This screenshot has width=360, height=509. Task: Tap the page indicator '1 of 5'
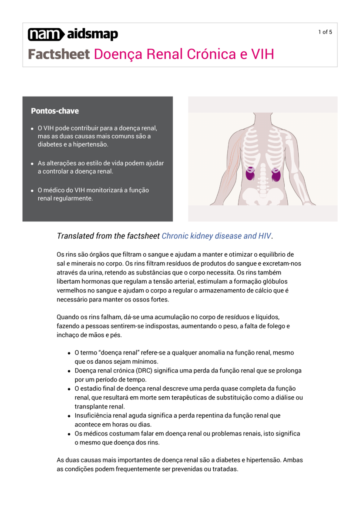325,32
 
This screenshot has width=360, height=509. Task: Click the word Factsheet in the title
59,54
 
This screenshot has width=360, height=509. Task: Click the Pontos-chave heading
55,111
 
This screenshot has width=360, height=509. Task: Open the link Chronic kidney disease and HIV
216,236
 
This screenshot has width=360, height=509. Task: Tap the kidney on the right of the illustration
276,174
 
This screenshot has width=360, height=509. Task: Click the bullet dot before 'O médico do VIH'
33,191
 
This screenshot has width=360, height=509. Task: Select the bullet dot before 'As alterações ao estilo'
33,164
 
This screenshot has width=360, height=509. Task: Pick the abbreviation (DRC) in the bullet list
141,371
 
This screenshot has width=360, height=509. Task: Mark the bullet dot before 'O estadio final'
69,389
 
